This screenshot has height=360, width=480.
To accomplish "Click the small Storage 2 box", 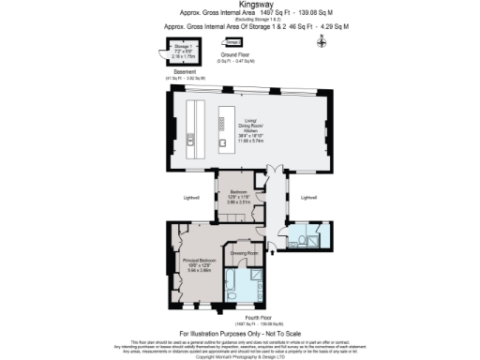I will (232, 42).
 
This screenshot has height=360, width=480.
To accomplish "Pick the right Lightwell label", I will (310, 198).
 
